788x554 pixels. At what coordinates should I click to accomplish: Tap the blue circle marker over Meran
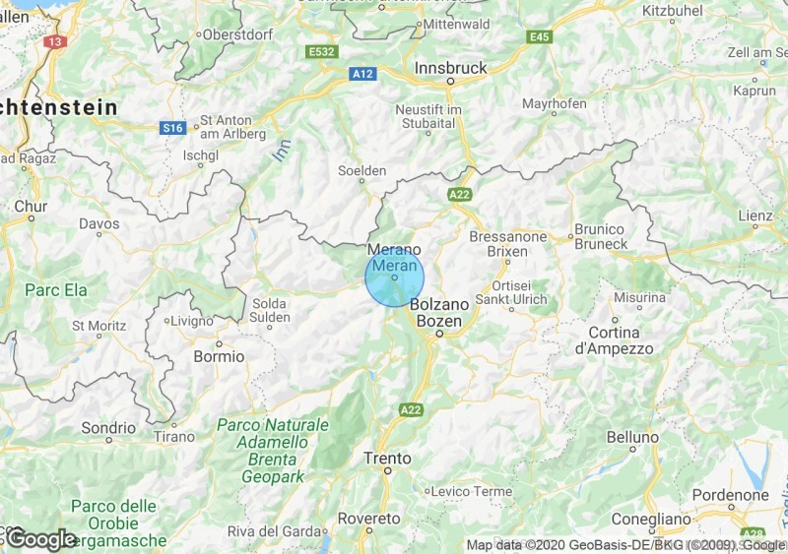(x=394, y=277)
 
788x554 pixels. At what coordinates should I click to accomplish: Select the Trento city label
(x=387, y=458)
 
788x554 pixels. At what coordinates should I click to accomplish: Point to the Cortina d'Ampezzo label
(x=614, y=339)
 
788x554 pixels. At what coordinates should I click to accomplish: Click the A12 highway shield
(x=361, y=74)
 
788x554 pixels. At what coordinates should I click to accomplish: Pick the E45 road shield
(x=539, y=37)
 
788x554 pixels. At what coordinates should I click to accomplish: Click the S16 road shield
(x=173, y=127)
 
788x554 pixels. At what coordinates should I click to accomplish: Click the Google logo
(x=41, y=538)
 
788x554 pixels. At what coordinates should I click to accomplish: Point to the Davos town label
(x=98, y=224)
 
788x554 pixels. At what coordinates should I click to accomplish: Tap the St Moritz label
(x=100, y=324)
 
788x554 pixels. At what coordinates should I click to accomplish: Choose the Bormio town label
(x=218, y=356)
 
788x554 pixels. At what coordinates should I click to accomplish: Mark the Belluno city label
(x=632, y=436)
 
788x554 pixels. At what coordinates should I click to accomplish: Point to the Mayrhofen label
(x=554, y=103)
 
